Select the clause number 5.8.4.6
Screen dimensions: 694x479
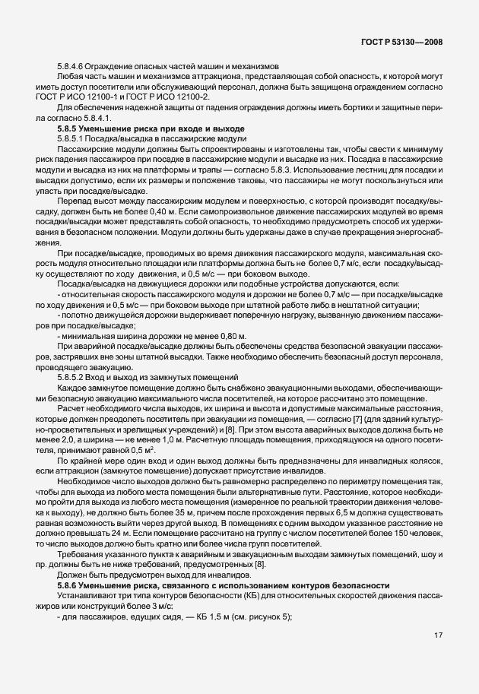tap(71, 68)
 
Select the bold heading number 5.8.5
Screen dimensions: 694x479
tap(69, 129)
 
